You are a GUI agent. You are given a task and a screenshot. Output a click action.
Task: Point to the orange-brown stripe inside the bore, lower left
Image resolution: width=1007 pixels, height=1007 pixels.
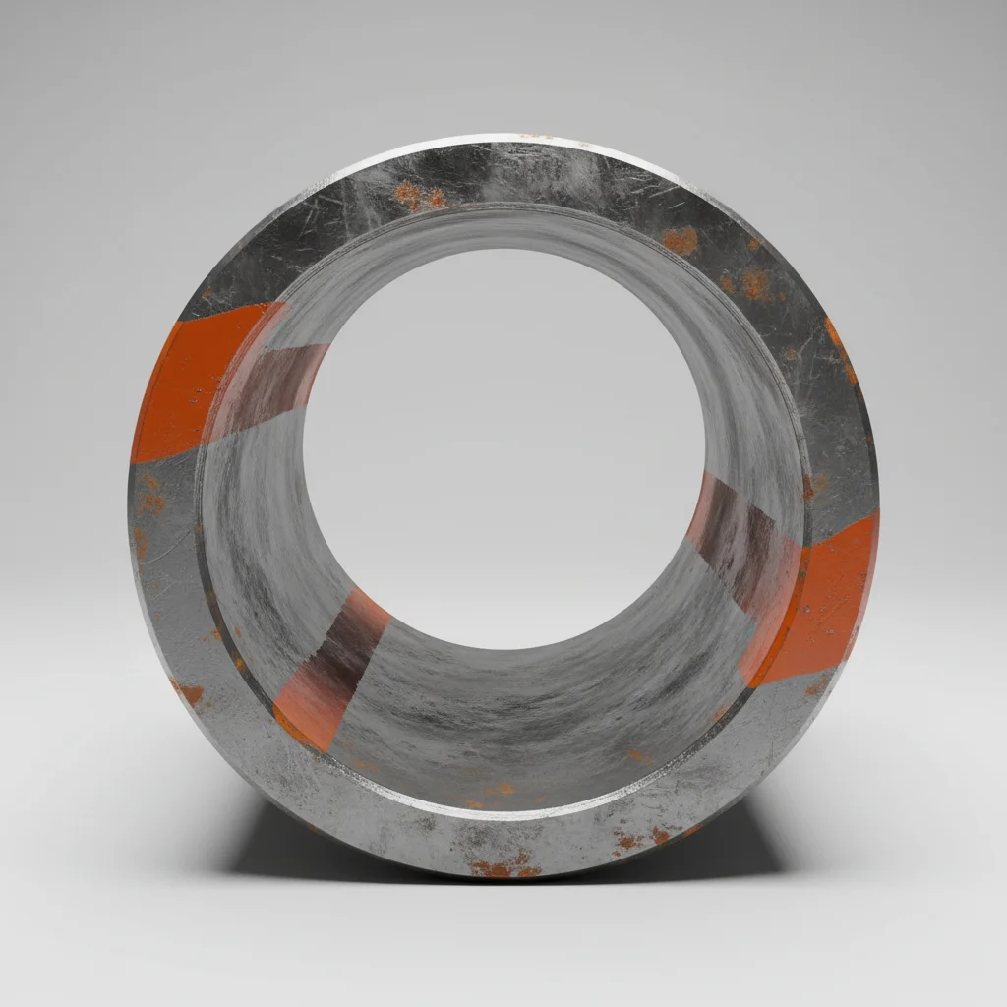click(329, 669)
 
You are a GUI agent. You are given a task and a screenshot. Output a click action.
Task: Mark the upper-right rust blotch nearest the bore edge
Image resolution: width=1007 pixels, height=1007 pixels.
click(679, 239)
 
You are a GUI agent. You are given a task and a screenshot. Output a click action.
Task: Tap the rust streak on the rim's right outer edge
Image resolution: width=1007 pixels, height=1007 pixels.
click(842, 349)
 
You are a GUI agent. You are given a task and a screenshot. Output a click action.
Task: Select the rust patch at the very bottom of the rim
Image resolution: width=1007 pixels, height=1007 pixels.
click(504, 867)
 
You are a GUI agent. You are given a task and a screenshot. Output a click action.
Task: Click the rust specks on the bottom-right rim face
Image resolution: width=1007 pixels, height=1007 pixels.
click(639, 839)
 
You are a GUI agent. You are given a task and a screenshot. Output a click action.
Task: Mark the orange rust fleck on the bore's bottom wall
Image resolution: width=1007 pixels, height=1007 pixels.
click(502, 789)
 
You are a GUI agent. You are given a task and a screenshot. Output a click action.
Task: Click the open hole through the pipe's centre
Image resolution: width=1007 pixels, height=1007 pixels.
click(502, 443)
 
